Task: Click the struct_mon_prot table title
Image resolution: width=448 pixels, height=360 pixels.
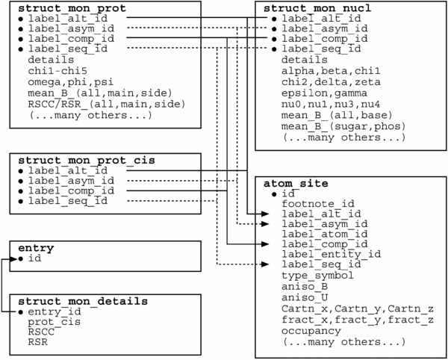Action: pyautogui.click(x=72, y=8)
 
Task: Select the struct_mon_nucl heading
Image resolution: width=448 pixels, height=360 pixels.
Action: pyautogui.click(x=317, y=8)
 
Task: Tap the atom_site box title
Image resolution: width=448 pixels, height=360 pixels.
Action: pyautogui.click(x=296, y=183)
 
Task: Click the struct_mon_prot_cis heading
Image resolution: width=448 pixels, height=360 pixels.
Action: pyautogui.click(x=87, y=160)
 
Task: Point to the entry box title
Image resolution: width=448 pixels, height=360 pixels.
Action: pyautogui.click(x=36, y=248)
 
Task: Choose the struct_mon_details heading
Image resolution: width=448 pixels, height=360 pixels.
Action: pyautogui.click(x=83, y=302)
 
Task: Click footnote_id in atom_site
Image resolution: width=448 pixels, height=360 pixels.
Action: pyautogui.click(x=318, y=204)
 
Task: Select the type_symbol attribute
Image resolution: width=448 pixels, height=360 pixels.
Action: pyautogui.click(x=318, y=276)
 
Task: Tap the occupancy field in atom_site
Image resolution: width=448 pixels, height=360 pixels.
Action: pyautogui.click(x=311, y=331)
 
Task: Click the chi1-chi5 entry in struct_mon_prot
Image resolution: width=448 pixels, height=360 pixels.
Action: pyautogui.click(x=57, y=70)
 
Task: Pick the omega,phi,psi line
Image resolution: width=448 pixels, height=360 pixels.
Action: pyautogui.click(x=71, y=82)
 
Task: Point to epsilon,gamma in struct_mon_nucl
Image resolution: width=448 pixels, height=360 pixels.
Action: pyautogui.click(x=325, y=93)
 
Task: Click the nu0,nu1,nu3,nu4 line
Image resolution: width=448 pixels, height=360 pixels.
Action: pyautogui.click(x=331, y=105)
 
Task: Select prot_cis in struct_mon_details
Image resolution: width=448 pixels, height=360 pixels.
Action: pyautogui.click(x=55, y=322)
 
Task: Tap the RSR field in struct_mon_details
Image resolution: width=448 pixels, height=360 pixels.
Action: pyautogui.click(x=38, y=342)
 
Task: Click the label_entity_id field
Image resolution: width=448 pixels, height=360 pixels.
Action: pyautogui.click(x=332, y=254)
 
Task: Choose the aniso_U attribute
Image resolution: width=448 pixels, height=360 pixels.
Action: pyautogui.click(x=305, y=298)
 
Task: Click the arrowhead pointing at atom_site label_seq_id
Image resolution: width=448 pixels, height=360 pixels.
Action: pyautogui.click(x=265, y=264)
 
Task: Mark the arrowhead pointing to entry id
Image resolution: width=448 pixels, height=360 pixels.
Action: pyautogui.click(x=13, y=259)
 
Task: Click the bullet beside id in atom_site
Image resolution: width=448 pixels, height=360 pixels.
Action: pyautogui.click(x=275, y=194)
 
